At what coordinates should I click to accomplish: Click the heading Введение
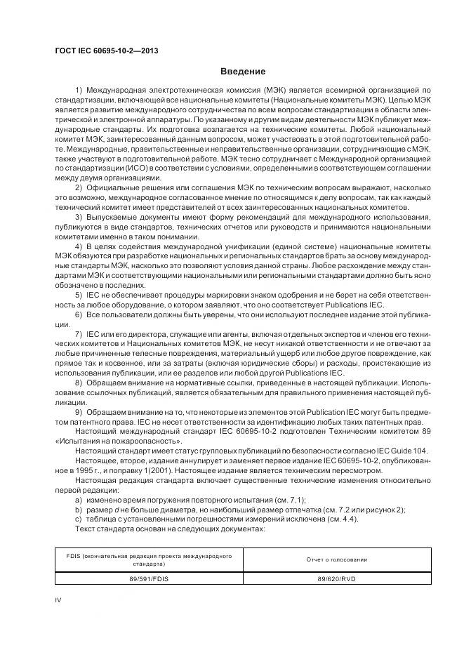[243, 72]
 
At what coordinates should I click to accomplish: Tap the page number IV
[59, 599]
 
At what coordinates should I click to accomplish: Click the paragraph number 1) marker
[79, 91]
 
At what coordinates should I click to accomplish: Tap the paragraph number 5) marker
[79, 296]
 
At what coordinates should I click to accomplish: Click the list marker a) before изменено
[78, 500]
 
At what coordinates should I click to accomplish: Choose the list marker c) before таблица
[78, 519]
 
